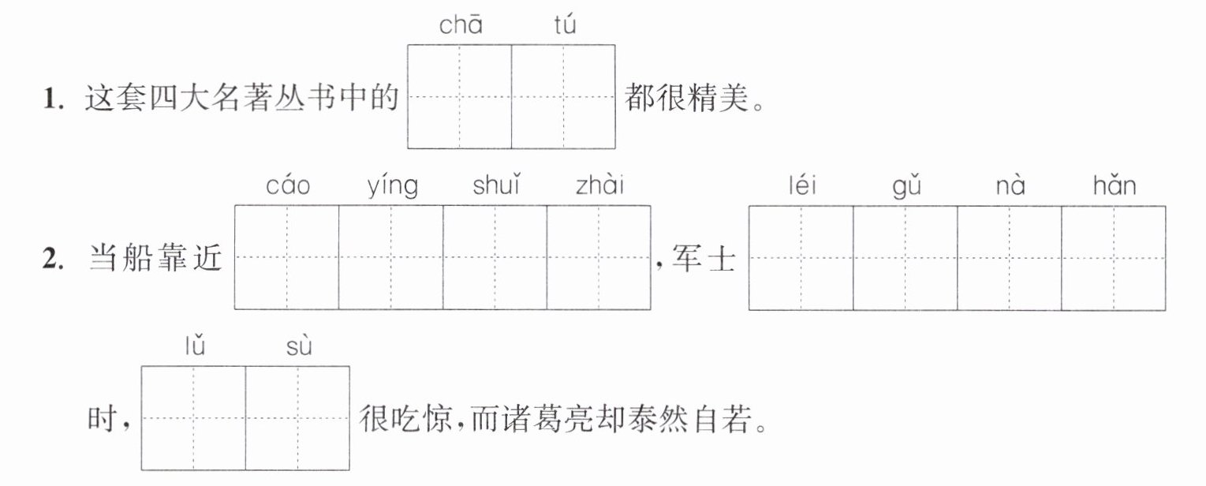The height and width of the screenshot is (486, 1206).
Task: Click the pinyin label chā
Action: (461, 24)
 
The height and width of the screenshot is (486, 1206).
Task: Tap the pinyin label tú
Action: (565, 24)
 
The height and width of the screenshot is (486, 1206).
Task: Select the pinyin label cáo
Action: (288, 186)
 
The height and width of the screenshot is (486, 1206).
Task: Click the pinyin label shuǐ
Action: (496, 185)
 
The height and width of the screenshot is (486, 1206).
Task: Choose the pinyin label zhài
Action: (599, 185)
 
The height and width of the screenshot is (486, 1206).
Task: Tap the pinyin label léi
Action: (802, 185)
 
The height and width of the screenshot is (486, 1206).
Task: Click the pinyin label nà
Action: (1010, 186)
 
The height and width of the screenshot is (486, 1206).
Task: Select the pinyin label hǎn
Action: (1115, 185)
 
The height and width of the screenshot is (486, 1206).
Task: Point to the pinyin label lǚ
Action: (195, 346)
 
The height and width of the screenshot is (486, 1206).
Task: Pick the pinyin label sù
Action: (299, 346)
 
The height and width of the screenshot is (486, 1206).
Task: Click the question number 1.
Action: (54, 99)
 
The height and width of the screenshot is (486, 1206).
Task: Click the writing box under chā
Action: (459, 97)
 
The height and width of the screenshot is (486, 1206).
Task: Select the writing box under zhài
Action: (599, 257)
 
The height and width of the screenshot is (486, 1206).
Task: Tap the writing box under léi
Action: (801, 258)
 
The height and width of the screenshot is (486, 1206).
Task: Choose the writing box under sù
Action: (297, 418)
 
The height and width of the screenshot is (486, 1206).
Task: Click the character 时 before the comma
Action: (103, 419)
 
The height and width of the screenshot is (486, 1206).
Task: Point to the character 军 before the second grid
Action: (687, 258)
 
